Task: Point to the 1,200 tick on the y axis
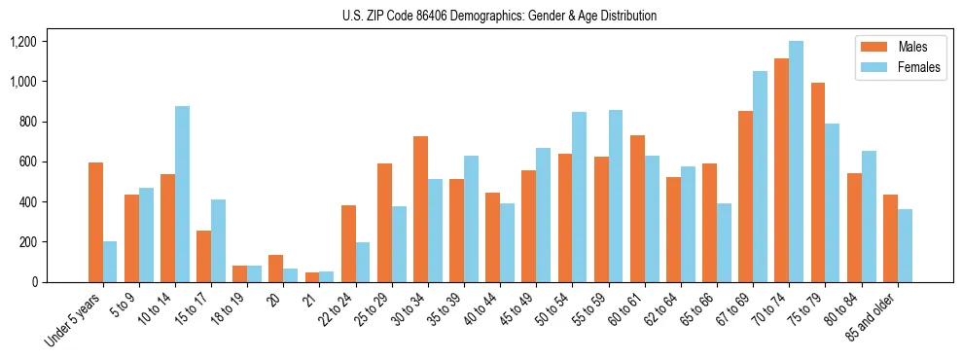[23, 42]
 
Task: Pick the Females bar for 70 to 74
[797, 162]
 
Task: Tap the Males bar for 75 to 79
[818, 183]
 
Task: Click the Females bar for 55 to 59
[616, 196]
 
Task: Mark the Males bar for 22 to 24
[348, 243]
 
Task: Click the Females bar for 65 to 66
[725, 242]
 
